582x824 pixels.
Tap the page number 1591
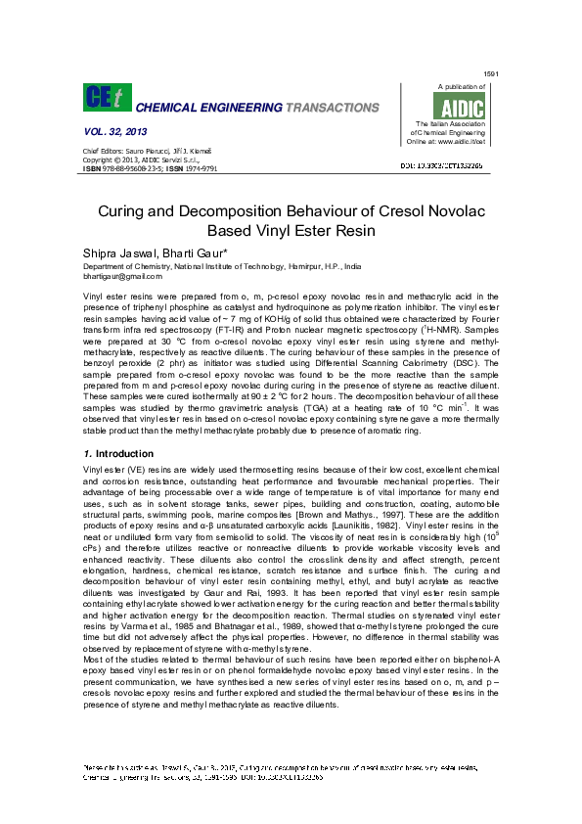(x=492, y=74)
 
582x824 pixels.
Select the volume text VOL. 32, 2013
(x=115, y=131)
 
